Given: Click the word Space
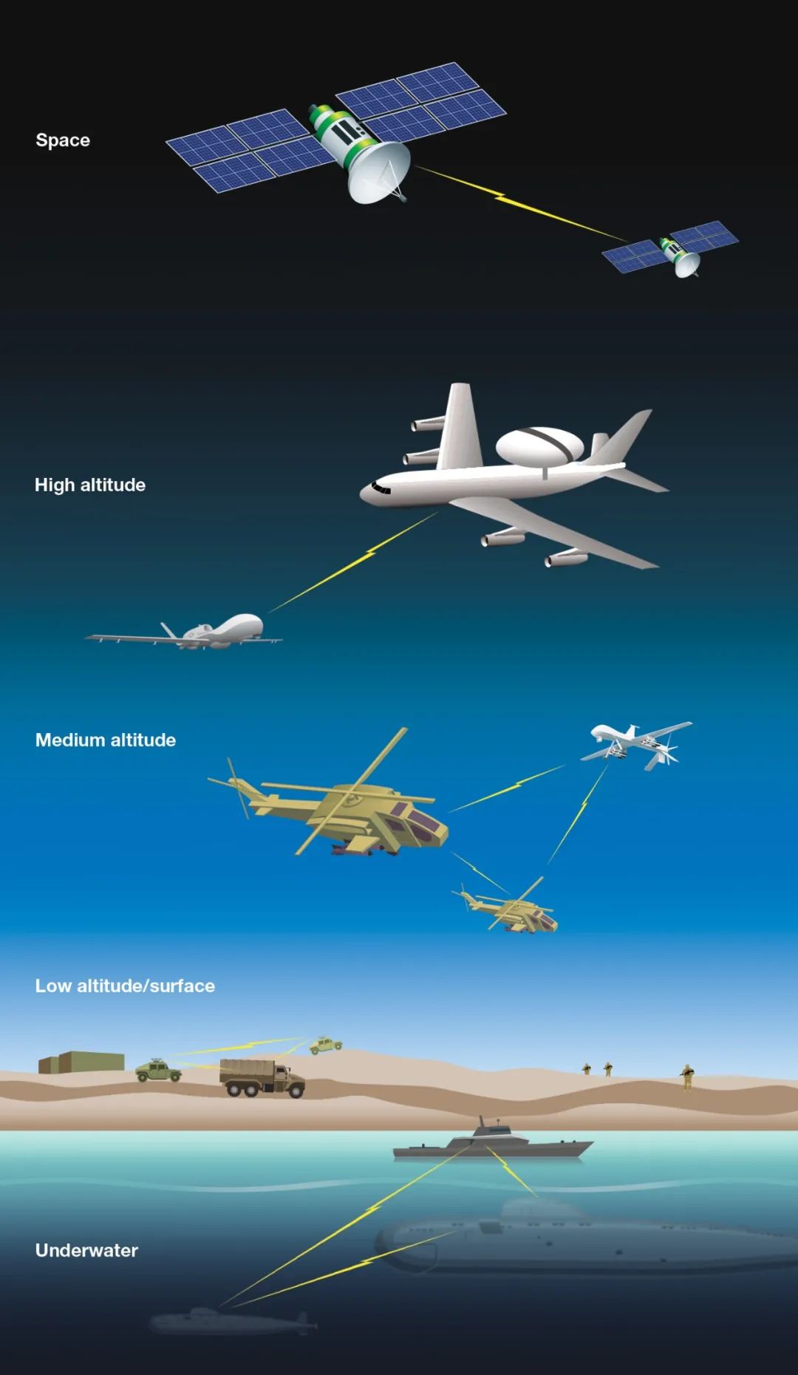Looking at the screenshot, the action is pyautogui.click(x=63, y=140).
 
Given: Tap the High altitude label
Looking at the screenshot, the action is pyautogui.click(x=90, y=485).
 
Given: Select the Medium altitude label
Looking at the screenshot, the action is pyautogui.click(x=106, y=740).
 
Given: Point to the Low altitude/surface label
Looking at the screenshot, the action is pyautogui.click(x=125, y=986).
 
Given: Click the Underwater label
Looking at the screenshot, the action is pyautogui.click(x=86, y=1250).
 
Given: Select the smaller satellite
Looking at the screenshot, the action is pyautogui.click(x=671, y=248).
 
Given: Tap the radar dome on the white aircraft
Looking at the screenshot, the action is pyautogui.click(x=539, y=445).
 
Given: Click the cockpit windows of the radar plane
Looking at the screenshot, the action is pyautogui.click(x=381, y=488).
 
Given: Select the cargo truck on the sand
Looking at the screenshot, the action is pyautogui.click(x=262, y=1078).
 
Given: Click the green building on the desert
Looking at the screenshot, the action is pyautogui.click(x=81, y=1062).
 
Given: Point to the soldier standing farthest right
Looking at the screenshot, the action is pyautogui.click(x=687, y=1077).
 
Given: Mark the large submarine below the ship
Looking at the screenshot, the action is pyautogui.click(x=584, y=1238).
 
